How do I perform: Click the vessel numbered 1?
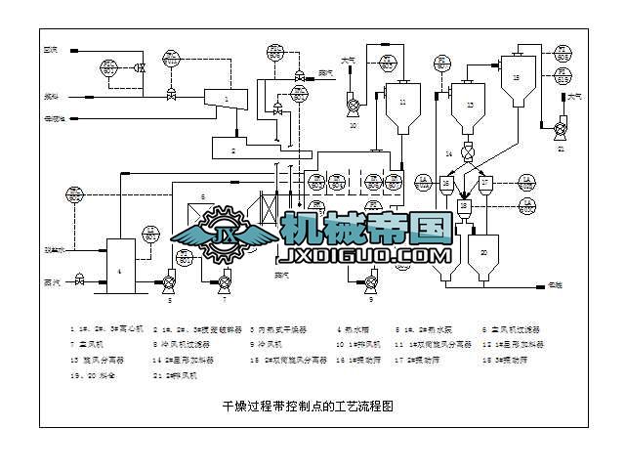pos(227,99)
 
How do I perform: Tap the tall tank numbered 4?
pos(119,264)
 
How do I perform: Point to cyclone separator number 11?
pos(401,107)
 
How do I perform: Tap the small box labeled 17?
pos(485,182)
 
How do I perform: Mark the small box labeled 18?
pos(465,206)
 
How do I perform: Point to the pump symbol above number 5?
pos(169,283)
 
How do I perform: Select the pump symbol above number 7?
pos(225,283)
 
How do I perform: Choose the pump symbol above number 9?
pos(371,283)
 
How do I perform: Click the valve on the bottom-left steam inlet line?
pos(80,279)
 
